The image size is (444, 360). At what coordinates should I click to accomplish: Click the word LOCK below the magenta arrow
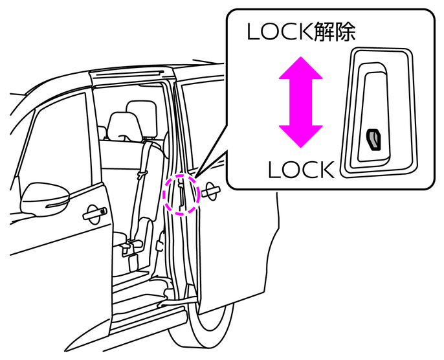click(x=301, y=170)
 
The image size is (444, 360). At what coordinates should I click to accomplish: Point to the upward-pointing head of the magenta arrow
click(x=300, y=69)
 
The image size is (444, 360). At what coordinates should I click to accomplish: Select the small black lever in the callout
click(x=373, y=138)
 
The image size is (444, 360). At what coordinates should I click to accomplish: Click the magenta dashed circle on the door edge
click(x=181, y=193)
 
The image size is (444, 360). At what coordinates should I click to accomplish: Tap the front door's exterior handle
click(x=94, y=212)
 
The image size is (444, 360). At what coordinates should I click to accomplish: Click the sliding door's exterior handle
click(x=211, y=190)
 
